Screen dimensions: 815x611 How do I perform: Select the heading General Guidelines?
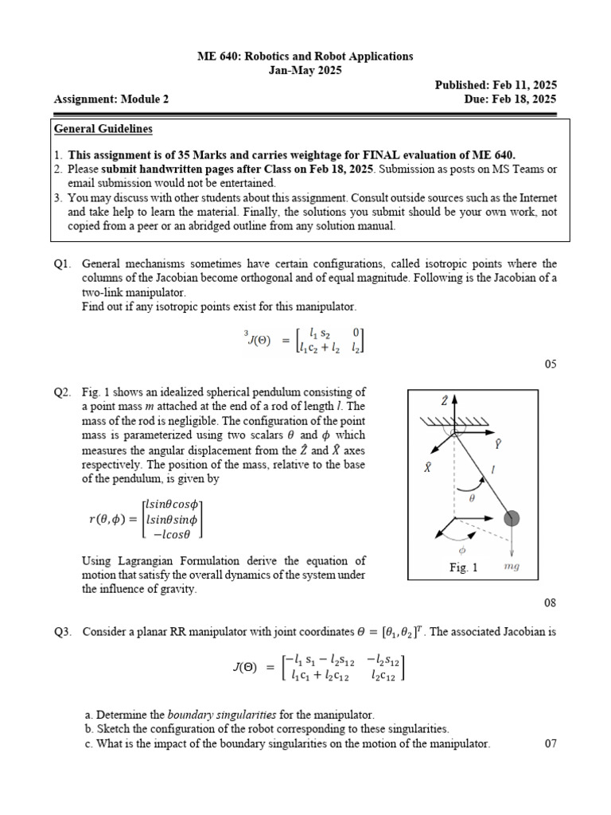103,129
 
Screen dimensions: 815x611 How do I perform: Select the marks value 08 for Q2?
551,604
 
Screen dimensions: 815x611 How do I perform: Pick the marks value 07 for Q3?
551,743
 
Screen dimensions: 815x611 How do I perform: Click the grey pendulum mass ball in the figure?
512,520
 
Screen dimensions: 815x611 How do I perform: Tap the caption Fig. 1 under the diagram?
463,567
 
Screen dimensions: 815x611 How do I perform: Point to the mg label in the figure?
513,567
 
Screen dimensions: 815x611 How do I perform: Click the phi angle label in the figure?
462,549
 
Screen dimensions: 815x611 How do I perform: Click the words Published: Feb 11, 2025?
495,85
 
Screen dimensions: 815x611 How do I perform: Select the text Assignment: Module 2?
111,99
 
